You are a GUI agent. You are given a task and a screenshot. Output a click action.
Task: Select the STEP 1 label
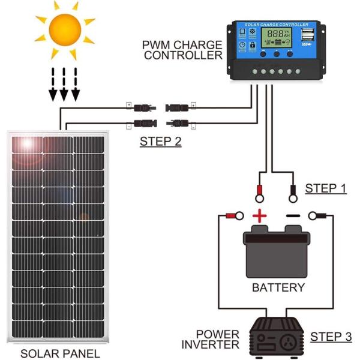[326, 188]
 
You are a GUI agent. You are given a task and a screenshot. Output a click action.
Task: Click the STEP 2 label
[160, 142]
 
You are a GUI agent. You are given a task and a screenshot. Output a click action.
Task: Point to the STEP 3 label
[331, 337]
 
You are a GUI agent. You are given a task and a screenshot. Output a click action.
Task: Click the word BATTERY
[278, 287]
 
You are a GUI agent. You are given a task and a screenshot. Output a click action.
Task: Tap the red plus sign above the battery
[259, 216]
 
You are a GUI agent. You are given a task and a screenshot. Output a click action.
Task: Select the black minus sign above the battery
[292, 216]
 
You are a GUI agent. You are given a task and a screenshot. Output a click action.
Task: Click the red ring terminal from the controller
[260, 193]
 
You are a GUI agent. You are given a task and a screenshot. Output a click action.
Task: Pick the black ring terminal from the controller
[293, 193]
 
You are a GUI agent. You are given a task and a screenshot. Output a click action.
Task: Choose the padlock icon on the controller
[252, 45]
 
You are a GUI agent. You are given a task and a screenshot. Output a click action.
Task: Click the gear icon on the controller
[252, 32]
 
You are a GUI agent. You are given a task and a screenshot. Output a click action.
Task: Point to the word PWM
[157, 45]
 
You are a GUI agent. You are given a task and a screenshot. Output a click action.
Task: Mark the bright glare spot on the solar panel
[28, 144]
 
